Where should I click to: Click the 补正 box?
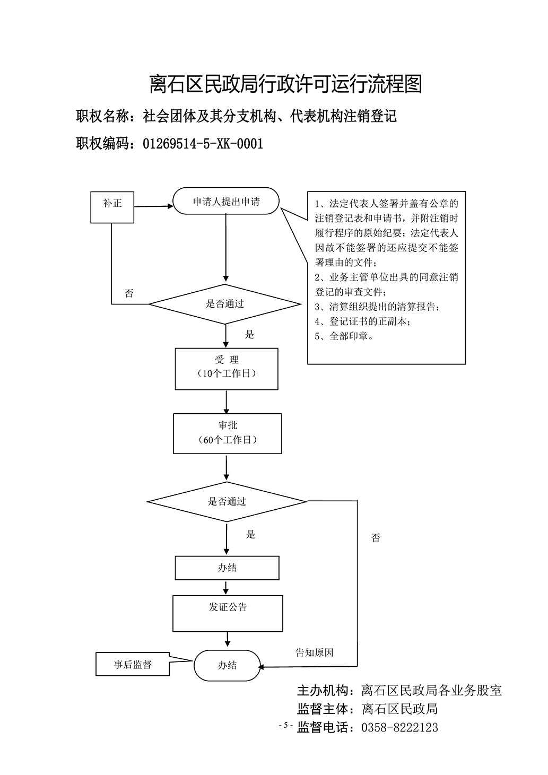(112, 207)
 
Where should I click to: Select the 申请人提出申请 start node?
(226, 201)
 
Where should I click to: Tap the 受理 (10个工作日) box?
(227, 369)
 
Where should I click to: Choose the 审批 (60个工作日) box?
(227, 433)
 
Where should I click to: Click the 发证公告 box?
(228, 613)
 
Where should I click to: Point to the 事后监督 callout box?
(133, 664)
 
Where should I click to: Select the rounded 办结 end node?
(227, 665)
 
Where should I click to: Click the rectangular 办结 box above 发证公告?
(227, 568)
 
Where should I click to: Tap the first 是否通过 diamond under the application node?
(225, 304)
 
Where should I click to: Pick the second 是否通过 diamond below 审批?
(227, 501)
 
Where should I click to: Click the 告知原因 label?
(314, 652)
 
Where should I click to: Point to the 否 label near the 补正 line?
(129, 293)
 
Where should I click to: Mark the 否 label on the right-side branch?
(376, 538)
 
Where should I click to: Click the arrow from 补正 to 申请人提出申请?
(153, 206)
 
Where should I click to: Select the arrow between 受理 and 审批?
(227, 402)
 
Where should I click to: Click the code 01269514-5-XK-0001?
(203, 144)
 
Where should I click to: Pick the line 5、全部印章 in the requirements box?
(344, 336)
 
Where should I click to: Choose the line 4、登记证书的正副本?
(362, 321)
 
